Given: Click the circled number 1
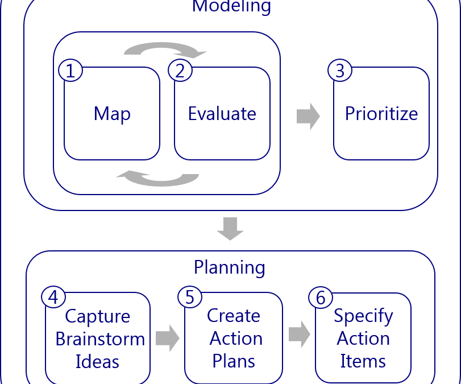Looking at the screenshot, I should [70, 71].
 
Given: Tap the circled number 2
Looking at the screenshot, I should [180, 71].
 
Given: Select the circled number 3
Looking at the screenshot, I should [340, 71].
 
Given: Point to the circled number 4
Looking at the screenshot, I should [53, 297].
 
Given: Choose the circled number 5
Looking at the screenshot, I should [190, 297].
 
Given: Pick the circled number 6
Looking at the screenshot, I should [321, 298].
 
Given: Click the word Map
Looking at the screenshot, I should [112, 114].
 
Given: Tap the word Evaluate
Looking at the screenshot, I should [222, 114].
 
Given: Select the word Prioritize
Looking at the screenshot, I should [381, 113].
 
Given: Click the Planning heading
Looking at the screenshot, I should [230, 267].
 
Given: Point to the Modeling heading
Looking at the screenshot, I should [231, 7].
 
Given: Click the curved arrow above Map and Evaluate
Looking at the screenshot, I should [165, 50].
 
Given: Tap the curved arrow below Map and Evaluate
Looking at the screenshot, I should [157, 178].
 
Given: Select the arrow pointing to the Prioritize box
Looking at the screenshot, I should [308, 116].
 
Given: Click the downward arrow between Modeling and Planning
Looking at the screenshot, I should [230, 228].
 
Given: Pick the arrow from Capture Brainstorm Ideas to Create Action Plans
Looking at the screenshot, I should [167, 338].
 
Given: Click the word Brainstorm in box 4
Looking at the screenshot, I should [100, 339].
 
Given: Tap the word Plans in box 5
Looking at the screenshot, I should [234, 361].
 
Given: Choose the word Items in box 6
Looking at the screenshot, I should [363, 361].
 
